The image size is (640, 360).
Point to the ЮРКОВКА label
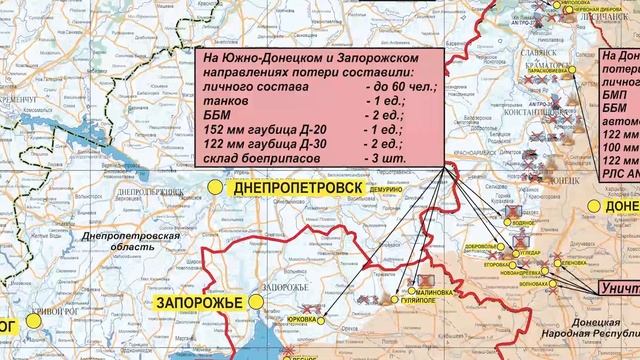[x=303, y=320]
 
